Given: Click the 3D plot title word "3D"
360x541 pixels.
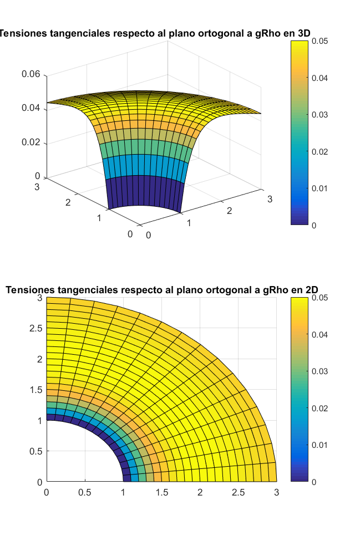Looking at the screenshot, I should point(303,33).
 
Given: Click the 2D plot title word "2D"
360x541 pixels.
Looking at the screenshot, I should point(314,289).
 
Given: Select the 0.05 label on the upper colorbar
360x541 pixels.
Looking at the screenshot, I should point(320,41).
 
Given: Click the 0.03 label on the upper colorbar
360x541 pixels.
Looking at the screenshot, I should point(320,115).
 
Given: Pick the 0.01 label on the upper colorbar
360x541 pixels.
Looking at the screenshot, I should point(320,188).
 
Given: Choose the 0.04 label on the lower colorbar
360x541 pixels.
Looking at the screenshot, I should point(321,335).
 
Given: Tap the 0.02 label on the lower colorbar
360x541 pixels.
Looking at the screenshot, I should point(321,408).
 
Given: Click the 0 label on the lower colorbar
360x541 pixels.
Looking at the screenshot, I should point(315,482).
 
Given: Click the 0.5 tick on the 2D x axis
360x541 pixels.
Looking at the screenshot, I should point(85,492).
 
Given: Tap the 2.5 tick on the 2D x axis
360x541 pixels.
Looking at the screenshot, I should point(238,492).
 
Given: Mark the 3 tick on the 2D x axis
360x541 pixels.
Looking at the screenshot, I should point(276,492).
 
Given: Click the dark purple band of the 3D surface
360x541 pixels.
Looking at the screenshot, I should point(144,191).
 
